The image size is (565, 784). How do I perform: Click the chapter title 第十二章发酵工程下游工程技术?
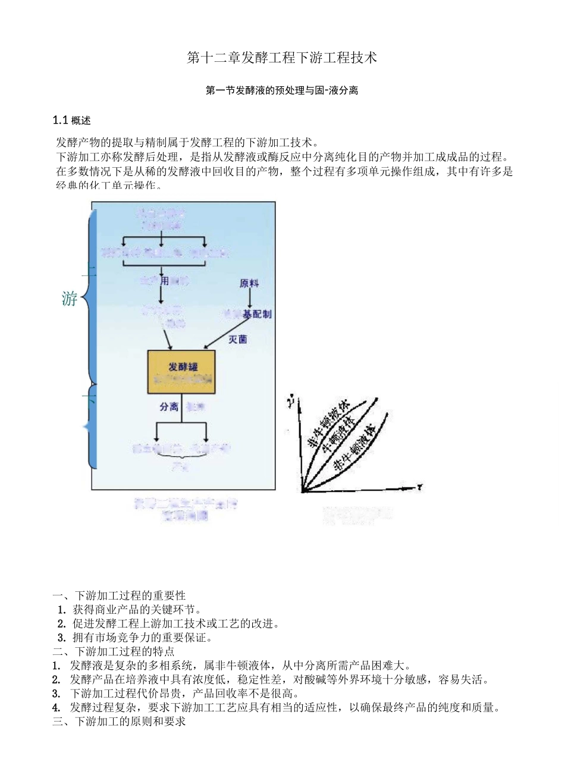[282, 58]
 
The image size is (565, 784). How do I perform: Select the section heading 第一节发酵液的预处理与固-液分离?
[282, 91]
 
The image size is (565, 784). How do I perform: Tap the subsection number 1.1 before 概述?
[60, 121]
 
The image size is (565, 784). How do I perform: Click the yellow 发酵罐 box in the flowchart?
[181, 371]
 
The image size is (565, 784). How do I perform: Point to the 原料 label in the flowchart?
[249, 284]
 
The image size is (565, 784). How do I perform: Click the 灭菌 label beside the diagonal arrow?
[238, 340]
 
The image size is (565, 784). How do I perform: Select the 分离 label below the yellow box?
[169, 407]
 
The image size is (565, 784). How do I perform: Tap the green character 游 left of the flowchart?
[70, 299]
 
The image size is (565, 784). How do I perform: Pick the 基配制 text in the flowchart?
[257, 314]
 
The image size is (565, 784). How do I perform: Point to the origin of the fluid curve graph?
[303, 491]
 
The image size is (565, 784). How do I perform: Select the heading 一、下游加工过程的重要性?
[119, 595]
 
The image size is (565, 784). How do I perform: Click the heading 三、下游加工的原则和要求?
[119, 722]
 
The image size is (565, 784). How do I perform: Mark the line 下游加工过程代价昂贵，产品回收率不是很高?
[184, 694]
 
